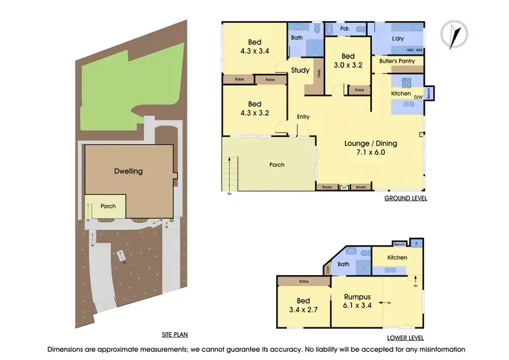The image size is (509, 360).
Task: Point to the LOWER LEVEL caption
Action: coord(405,337)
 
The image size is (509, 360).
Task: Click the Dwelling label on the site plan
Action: coord(128,171)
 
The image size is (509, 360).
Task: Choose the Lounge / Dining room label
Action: coord(371,143)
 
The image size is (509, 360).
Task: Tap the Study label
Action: coord(300,70)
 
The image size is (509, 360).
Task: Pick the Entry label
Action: coord(303,117)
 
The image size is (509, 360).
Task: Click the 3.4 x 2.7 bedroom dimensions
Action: coord(303,310)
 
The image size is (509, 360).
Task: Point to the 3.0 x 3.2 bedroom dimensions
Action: coord(348,66)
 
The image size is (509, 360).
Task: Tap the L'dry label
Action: coord(398,39)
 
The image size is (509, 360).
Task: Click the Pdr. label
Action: coord(345,29)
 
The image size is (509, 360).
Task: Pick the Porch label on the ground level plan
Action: coord(276,164)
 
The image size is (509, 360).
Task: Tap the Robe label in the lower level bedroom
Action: coord(303,281)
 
